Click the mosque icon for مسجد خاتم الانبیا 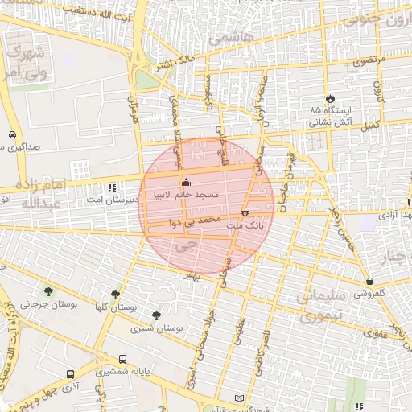click(187, 181)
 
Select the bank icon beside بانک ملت click(245, 213)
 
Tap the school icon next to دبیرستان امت click(111, 187)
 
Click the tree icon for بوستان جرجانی click(49, 291)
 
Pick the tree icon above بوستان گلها click(115, 295)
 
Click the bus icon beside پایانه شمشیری click(122, 360)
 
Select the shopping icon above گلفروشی click(369, 282)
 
